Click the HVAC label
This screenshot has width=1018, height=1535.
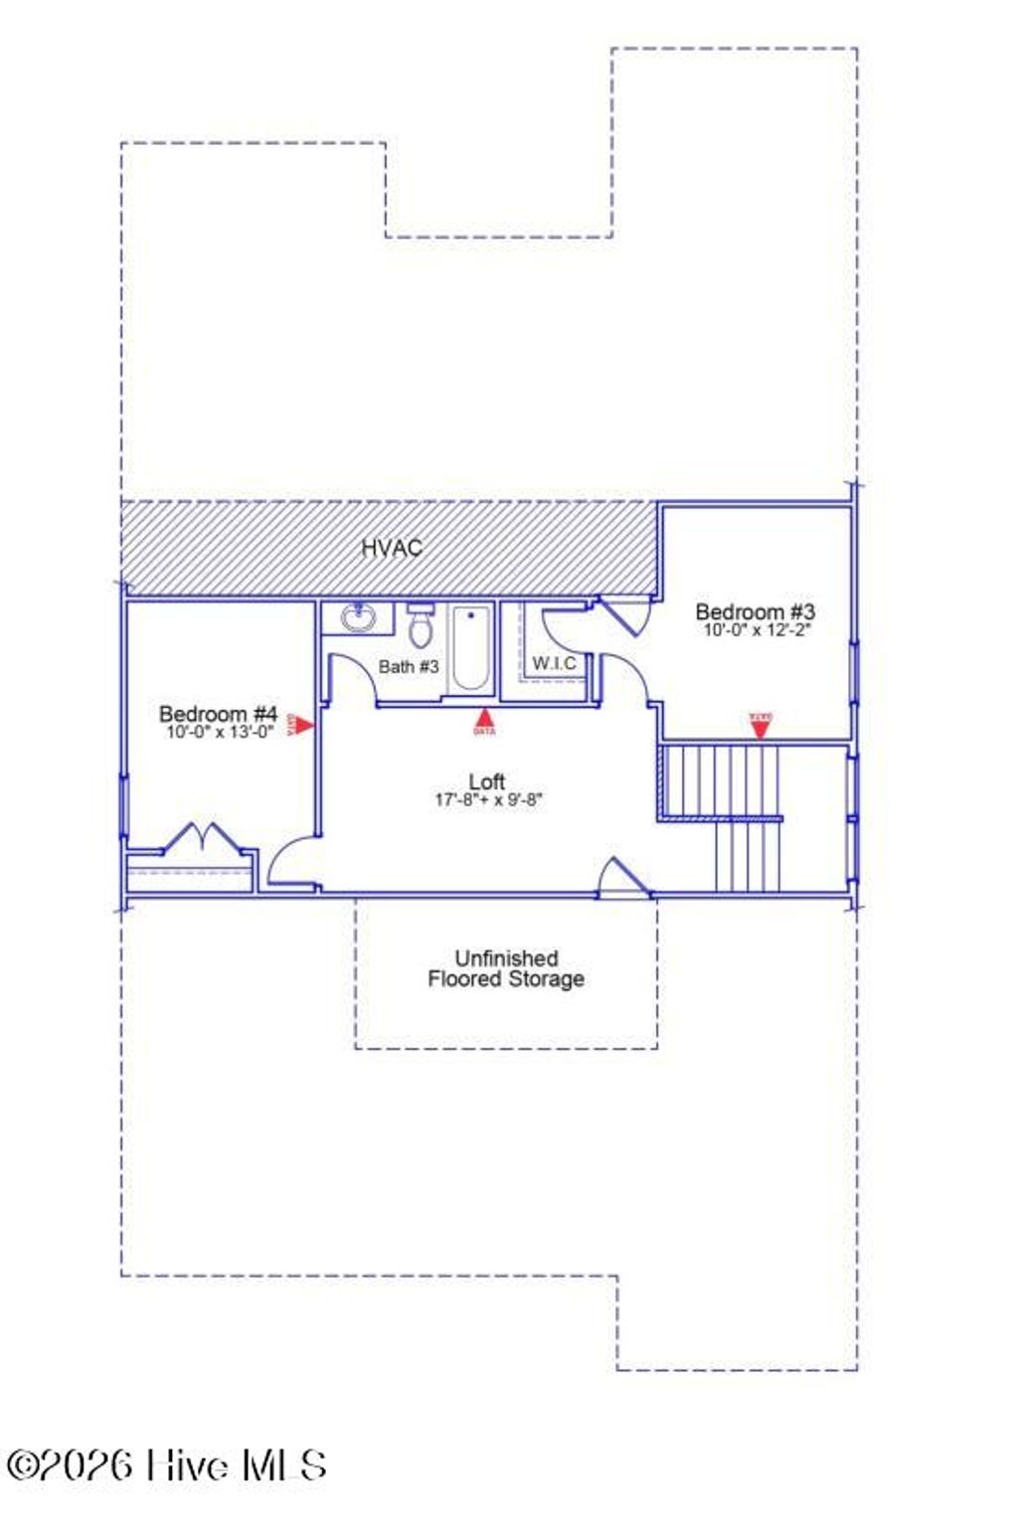(392, 548)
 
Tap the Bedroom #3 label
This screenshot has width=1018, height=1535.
(756, 611)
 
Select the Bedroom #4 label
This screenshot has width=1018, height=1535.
(218, 714)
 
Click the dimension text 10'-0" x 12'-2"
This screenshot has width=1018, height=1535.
(758, 630)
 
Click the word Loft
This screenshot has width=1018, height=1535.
(487, 781)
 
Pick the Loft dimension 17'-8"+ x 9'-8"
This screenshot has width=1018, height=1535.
(488, 799)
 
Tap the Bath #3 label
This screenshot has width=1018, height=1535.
(408, 666)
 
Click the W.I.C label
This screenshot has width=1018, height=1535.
(554, 663)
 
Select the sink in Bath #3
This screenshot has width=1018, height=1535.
(358, 618)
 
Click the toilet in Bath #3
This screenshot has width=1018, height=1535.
(421, 626)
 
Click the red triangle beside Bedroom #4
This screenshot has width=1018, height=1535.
(303, 726)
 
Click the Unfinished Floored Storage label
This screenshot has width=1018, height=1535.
(506, 969)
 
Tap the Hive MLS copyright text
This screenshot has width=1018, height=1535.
(167, 1465)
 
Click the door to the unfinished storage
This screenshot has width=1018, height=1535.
(623, 878)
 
